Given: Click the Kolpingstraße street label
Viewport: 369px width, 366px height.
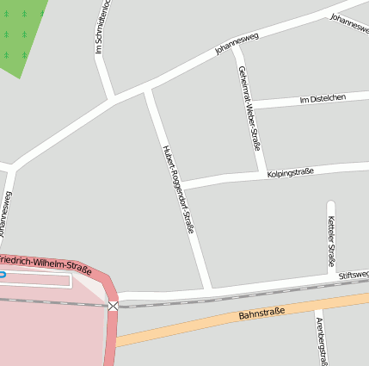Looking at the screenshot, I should pos(290,172).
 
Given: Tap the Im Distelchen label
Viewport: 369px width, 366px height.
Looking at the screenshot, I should pos(322,99).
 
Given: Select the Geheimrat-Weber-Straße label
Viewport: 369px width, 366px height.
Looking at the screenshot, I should pos(249,109).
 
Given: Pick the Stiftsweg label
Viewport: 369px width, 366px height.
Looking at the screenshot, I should pos(353,275).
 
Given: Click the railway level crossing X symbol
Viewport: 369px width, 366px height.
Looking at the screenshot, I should pos(114,306).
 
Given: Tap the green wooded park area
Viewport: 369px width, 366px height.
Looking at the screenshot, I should pos(21,34).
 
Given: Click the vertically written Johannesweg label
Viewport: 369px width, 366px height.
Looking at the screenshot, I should pos(9,216).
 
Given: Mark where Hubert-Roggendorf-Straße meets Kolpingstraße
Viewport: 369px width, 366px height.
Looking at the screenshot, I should pos(182,184).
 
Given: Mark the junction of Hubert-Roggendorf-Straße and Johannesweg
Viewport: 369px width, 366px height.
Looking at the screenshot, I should pos(148,89).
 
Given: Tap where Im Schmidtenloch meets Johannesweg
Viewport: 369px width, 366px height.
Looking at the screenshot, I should pos(112,99).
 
